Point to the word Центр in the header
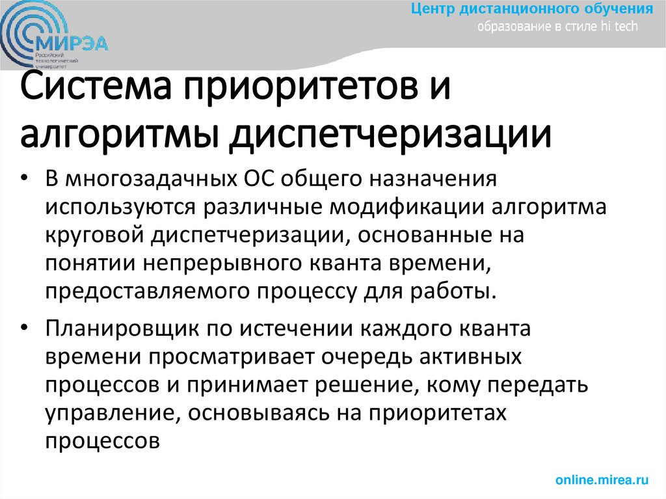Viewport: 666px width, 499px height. point(435,9)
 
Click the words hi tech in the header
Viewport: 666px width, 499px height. point(620,27)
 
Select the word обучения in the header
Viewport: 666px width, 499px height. point(621,9)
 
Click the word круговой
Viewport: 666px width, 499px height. point(95,235)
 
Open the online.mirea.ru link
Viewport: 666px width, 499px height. point(602,480)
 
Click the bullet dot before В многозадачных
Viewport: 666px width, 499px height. point(24,178)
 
